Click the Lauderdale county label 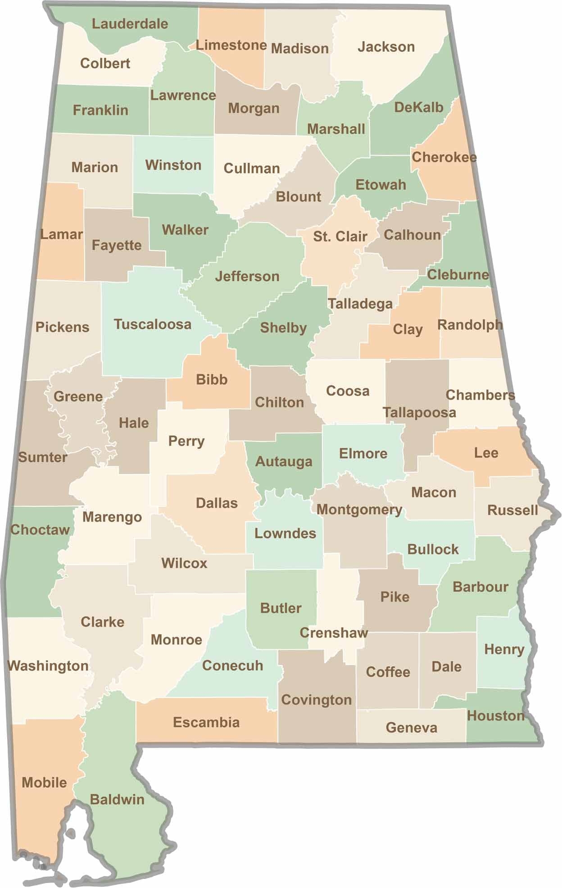130,24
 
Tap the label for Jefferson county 247,276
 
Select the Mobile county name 44,783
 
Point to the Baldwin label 117,800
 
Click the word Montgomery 359,510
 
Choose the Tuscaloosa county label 152,324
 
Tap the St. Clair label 340,236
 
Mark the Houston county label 495,715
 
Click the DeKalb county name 418,107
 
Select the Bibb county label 212,379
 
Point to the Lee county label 486,453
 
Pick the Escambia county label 206,722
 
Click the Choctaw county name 40,529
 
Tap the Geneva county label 411,728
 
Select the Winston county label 173,165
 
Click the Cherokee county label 444,157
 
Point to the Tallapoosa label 419,412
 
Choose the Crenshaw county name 334,633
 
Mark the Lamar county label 61,234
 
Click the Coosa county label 347,391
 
